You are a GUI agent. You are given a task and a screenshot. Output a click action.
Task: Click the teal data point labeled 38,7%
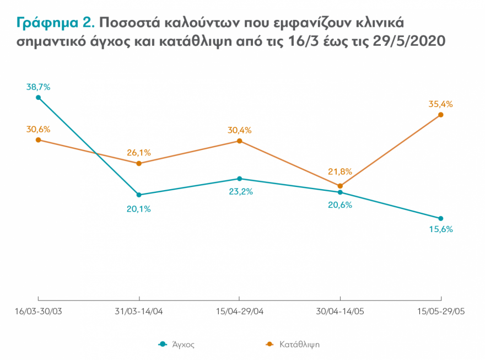(38, 98)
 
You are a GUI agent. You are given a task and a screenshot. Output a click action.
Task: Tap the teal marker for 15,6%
(440, 218)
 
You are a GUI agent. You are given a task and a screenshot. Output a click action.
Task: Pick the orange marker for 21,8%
(340, 186)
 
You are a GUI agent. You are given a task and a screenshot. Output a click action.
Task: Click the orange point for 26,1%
(139, 163)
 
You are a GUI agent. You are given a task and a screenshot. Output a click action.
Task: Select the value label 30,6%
(38, 129)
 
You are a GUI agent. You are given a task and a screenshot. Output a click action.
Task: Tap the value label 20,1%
(139, 208)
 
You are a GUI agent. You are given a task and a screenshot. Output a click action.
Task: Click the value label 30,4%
(239, 130)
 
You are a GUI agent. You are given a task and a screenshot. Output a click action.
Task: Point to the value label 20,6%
(340, 205)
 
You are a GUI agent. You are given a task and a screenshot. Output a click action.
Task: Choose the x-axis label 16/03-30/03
(38, 311)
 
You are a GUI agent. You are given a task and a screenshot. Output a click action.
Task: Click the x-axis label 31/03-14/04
(139, 311)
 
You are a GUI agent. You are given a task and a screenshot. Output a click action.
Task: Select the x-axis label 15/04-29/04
(239, 311)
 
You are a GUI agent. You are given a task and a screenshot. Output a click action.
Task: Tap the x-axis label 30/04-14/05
(340, 311)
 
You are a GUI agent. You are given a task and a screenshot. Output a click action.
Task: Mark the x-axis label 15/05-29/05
(440, 311)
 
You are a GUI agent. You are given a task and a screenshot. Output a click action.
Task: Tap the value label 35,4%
(440, 104)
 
